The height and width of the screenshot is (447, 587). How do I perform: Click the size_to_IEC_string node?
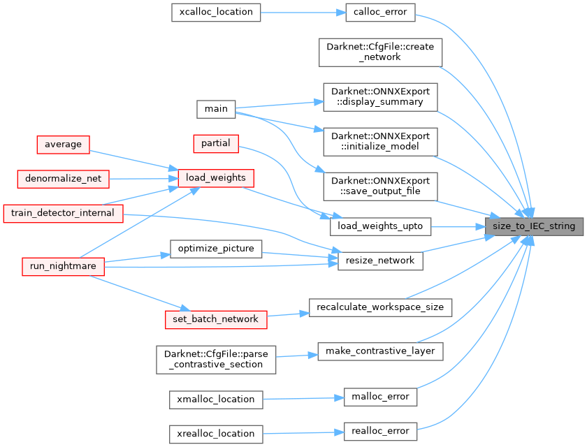click(535, 226)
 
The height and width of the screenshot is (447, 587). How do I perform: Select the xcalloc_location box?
click(216, 12)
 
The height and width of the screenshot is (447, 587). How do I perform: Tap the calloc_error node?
click(380, 12)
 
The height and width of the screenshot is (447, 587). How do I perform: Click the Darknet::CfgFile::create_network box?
click(380, 52)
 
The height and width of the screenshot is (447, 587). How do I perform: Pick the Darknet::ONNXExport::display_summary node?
click(380, 96)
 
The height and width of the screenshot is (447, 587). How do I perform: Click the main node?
click(216, 109)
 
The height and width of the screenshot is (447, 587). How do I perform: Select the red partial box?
click(216, 142)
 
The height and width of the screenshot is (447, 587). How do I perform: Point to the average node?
click(63, 145)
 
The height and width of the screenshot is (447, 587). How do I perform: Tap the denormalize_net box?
click(63, 179)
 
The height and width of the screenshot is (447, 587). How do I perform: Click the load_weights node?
click(215, 178)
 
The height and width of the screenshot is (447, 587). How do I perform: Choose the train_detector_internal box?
click(63, 212)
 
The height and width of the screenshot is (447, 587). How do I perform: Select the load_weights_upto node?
click(380, 226)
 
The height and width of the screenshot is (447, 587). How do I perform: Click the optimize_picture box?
click(216, 248)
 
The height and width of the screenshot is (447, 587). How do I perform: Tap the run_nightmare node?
click(63, 266)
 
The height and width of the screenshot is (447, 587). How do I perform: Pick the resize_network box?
click(380, 261)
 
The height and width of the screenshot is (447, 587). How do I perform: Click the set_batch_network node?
click(216, 319)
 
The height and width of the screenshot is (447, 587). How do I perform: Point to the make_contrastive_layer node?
click(380, 351)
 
